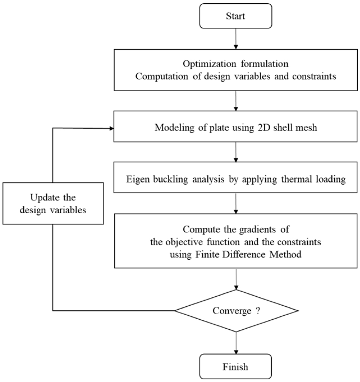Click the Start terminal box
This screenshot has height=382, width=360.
(x=235, y=17)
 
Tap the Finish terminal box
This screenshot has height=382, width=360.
(x=235, y=367)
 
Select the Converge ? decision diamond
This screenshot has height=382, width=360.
(x=236, y=310)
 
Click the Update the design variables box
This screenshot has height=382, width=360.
(x=53, y=203)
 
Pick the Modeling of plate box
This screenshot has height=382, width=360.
(x=235, y=128)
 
